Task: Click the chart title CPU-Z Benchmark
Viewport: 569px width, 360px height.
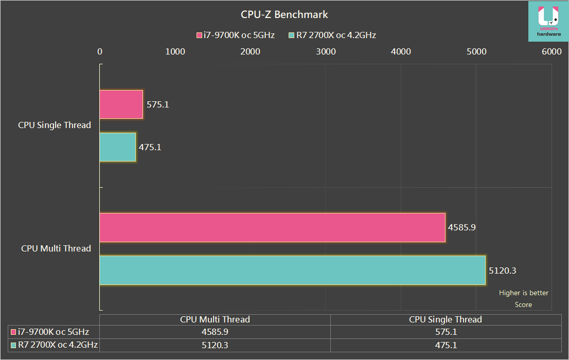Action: click(x=284, y=14)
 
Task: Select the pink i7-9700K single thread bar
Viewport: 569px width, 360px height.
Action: click(x=121, y=104)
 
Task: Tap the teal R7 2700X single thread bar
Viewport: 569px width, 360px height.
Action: click(x=117, y=147)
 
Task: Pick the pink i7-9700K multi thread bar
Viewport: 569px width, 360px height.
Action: click(x=272, y=227)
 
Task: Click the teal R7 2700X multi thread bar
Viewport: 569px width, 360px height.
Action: click(x=292, y=270)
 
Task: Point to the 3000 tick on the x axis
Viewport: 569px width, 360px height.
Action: click(x=325, y=51)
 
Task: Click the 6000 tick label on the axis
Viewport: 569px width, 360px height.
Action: click(x=552, y=51)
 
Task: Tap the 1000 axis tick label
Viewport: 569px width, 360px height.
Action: click(x=175, y=51)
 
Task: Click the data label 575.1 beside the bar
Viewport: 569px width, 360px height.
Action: click(x=158, y=104)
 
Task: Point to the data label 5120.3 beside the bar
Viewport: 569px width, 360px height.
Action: click(x=503, y=270)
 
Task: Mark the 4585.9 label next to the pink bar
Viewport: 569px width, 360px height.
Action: click(x=462, y=227)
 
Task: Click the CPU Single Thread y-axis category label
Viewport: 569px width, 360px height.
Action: click(x=55, y=125)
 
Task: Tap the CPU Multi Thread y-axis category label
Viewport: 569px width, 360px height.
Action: click(x=56, y=248)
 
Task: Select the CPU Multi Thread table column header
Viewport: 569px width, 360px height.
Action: click(x=215, y=319)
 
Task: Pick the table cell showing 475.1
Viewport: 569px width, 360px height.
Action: click(x=446, y=345)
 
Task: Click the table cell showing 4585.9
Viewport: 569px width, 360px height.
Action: click(x=215, y=332)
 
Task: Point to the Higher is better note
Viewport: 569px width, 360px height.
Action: click(x=524, y=293)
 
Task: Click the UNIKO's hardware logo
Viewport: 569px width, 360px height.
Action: click(x=548, y=21)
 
